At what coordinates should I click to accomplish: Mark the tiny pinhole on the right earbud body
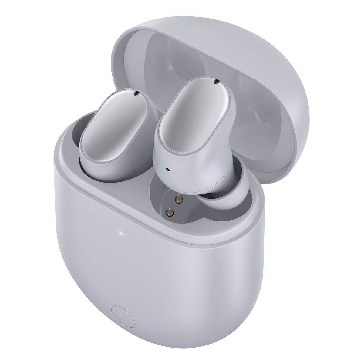[167, 169]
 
